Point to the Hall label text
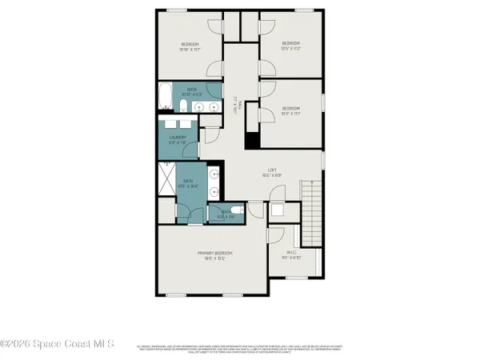point(235,102)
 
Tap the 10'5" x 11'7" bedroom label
point(290,111)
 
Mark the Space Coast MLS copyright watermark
point(56,344)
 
